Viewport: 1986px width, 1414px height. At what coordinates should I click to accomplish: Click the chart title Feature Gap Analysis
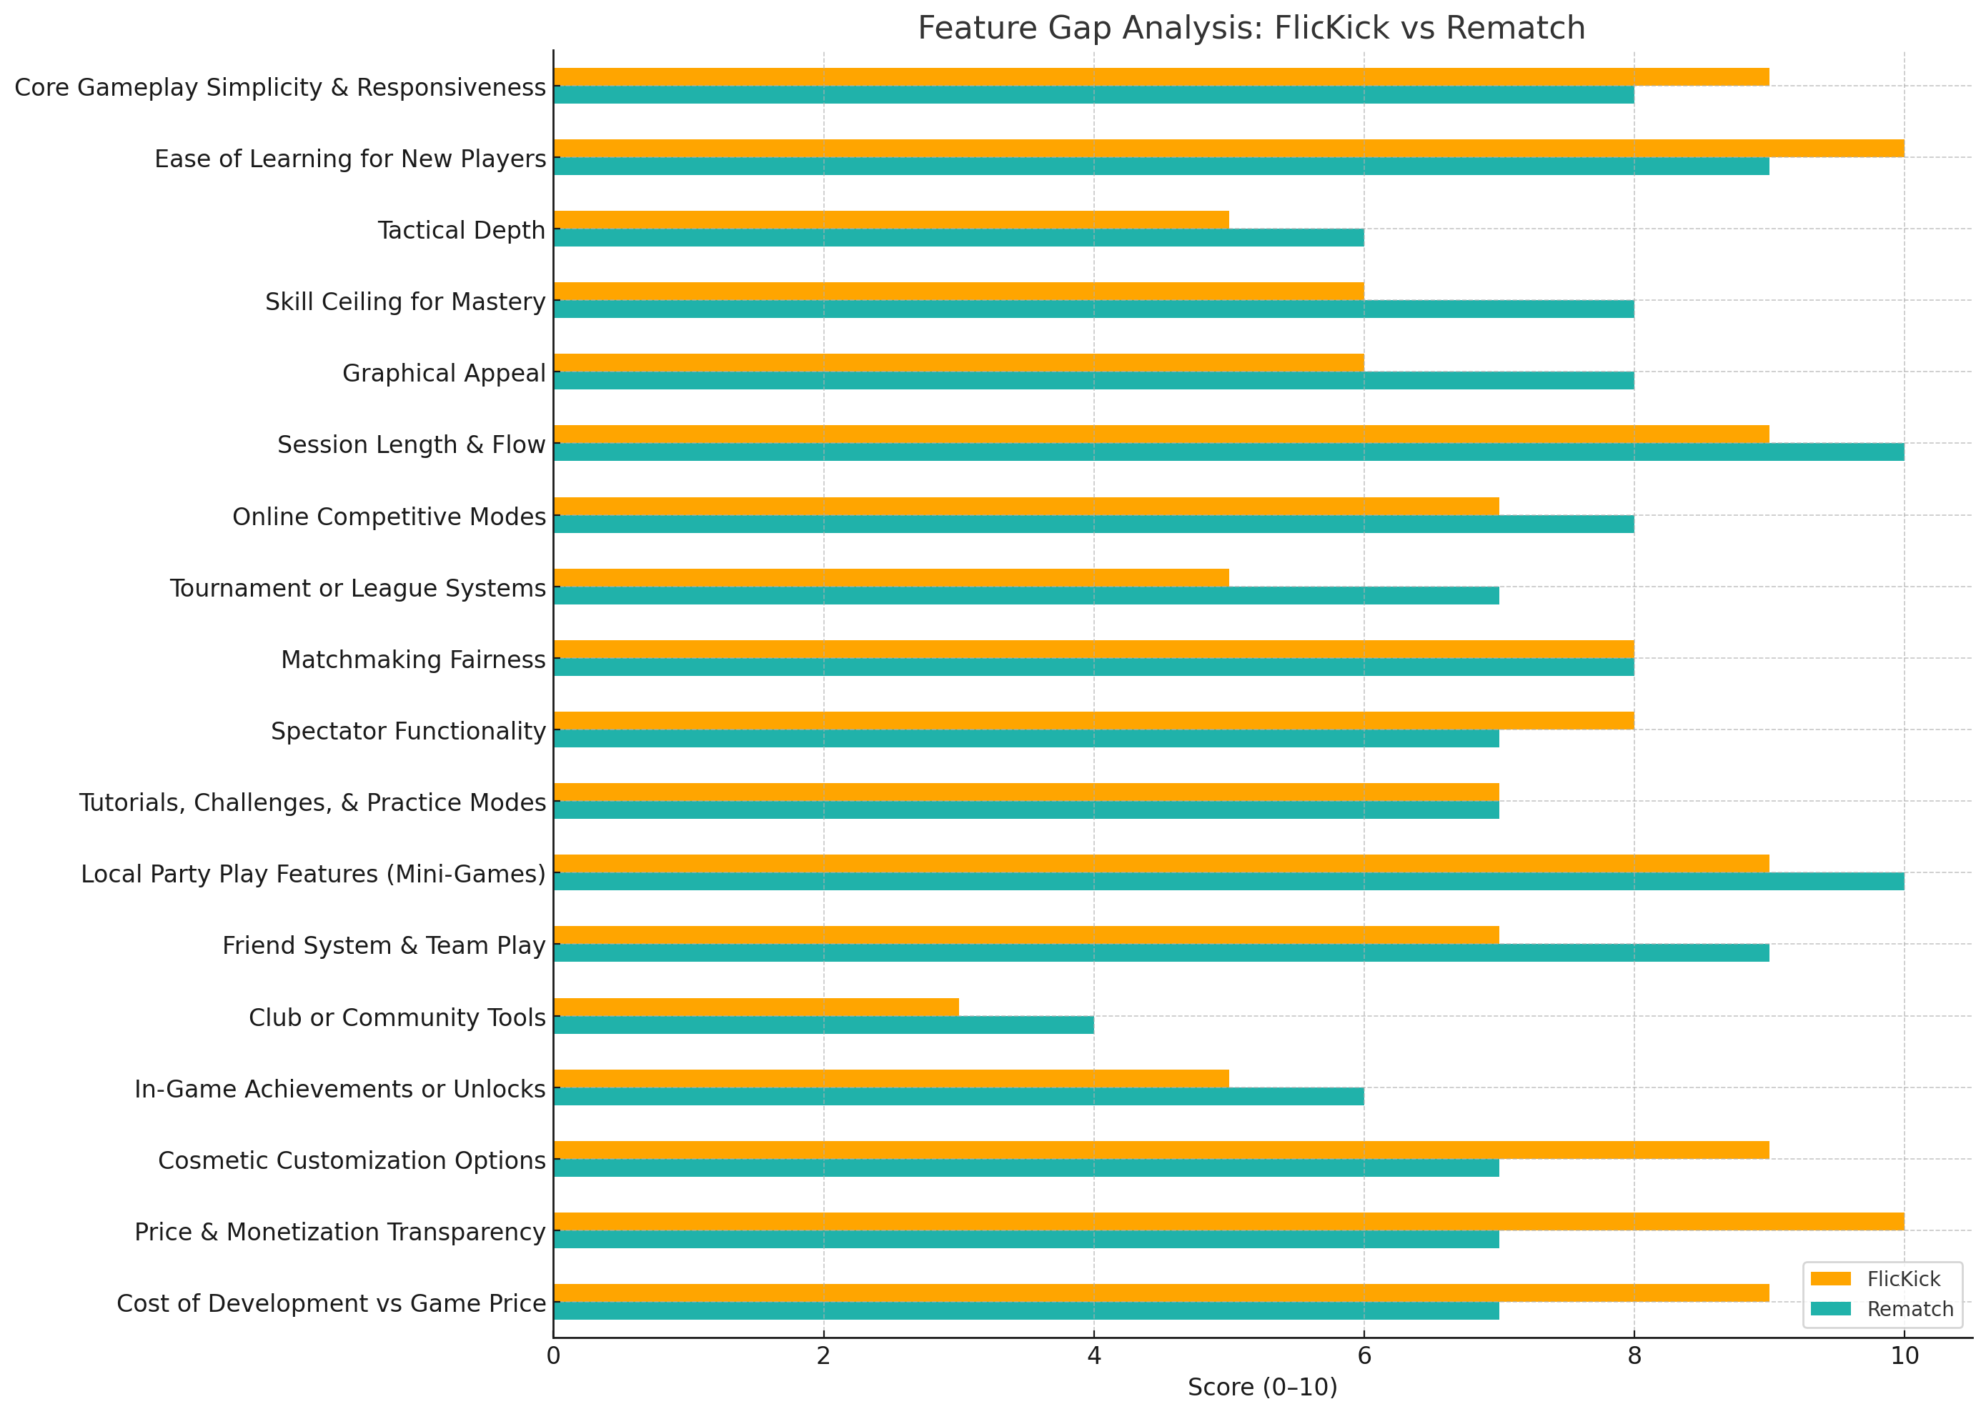pos(1251,29)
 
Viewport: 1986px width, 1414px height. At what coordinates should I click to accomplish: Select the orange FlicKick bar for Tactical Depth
pos(890,219)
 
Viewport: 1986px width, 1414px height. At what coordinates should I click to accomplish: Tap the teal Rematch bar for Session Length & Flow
pos(1228,452)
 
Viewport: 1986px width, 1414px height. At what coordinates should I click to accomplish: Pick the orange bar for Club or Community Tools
pos(756,1007)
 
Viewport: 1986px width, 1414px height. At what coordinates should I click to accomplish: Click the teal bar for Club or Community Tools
pos(823,1025)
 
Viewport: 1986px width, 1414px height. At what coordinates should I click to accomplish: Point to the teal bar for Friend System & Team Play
pos(1161,952)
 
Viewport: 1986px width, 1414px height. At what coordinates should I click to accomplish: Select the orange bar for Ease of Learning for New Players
pos(1228,148)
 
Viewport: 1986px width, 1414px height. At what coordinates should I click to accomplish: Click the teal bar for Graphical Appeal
pos(1093,381)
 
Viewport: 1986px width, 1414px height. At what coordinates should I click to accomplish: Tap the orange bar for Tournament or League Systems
pos(890,577)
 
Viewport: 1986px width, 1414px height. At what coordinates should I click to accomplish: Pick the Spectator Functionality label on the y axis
pos(407,732)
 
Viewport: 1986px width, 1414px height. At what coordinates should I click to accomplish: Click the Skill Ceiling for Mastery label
pos(405,302)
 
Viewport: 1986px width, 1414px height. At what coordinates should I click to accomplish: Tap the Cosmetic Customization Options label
pos(352,1160)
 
